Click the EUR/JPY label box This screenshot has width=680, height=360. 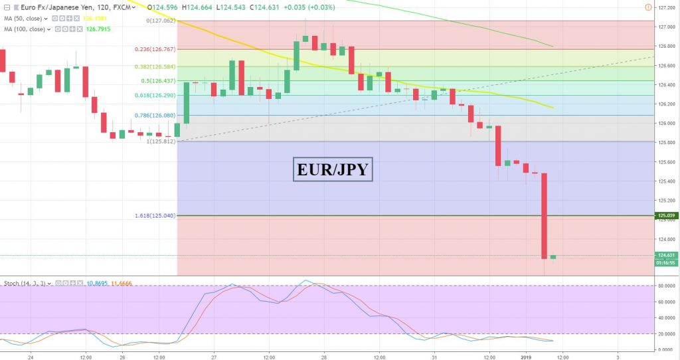[x=333, y=169]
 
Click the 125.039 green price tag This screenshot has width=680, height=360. [x=666, y=215]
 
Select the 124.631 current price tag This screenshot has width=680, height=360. [x=666, y=255]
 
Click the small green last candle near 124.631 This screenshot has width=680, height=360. [x=552, y=257]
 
